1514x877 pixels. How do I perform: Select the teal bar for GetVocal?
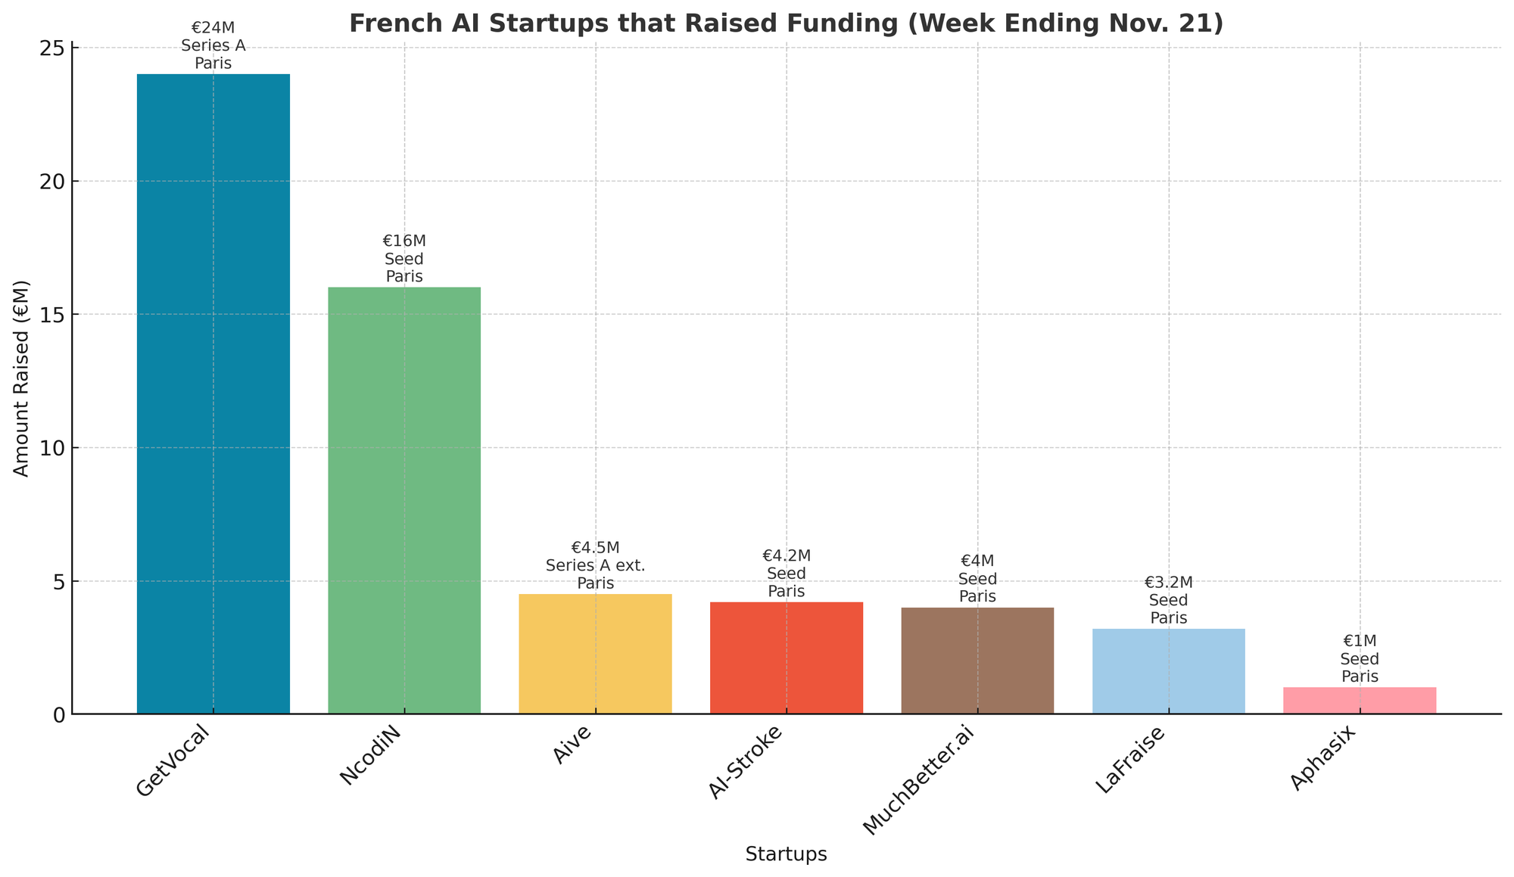[213, 393]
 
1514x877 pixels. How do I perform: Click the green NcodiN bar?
[404, 499]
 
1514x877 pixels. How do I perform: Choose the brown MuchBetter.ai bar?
[977, 660]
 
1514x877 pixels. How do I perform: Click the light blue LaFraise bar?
[1169, 670]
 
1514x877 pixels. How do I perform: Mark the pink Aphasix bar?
[1360, 700]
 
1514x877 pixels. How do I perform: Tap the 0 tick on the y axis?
[61, 714]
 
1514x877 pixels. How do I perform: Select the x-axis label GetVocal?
[173, 759]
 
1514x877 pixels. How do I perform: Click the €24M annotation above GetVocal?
[213, 29]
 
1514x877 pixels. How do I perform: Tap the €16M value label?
[404, 241]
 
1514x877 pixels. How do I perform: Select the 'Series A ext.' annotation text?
[595, 565]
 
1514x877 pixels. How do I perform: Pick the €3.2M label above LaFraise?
[1169, 583]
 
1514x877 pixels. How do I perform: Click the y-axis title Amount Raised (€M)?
[22, 378]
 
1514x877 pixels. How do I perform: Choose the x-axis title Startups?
[786, 855]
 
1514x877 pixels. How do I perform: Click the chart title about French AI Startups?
[786, 23]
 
